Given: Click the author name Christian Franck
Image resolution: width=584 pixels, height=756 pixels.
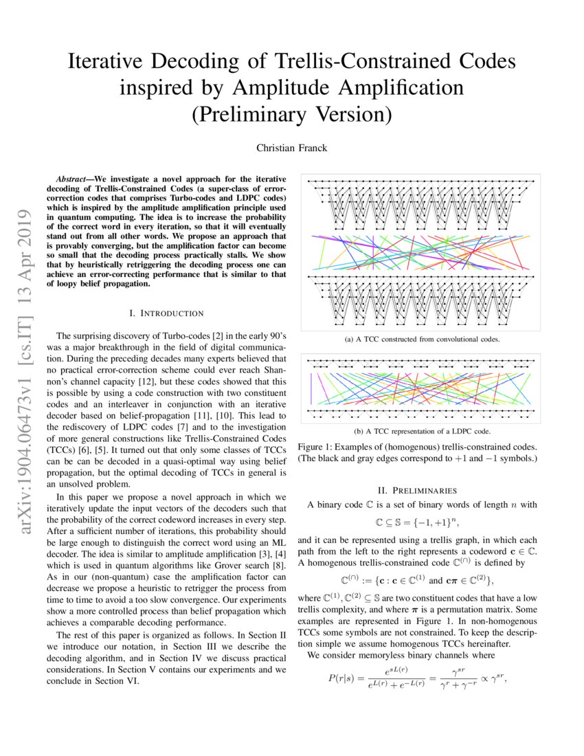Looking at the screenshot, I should [291, 148].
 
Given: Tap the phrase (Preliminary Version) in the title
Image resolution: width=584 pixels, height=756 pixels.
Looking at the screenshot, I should [291, 113].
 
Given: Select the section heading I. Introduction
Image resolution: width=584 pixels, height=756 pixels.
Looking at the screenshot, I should [167, 313].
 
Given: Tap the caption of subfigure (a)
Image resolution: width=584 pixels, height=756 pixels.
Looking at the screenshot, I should [422, 340].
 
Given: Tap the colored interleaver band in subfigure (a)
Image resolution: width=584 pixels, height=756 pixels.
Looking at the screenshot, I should [422, 254].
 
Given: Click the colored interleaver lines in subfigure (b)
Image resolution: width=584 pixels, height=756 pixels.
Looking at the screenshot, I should [422, 388].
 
